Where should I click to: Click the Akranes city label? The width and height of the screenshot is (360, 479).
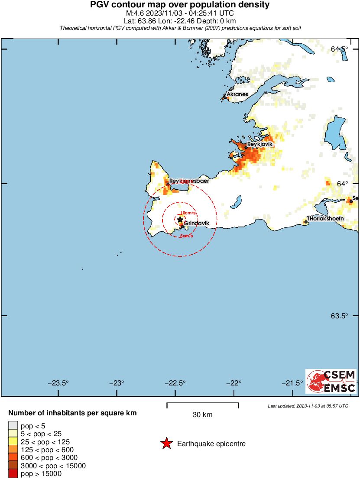[237, 94]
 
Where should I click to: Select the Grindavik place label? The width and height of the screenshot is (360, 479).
[197, 223]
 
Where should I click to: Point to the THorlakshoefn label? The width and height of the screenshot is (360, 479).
[325, 219]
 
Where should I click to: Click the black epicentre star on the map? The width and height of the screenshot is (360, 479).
[180, 220]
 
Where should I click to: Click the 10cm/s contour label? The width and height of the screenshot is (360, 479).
[188, 213]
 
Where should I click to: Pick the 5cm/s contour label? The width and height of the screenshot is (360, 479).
[186, 236]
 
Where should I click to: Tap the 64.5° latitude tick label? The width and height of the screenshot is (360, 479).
[339, 49]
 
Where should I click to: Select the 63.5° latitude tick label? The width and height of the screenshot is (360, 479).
[339, 316]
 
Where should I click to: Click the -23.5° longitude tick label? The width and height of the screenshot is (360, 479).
[58, 383]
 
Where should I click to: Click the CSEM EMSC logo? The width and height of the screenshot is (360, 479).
[331, 381]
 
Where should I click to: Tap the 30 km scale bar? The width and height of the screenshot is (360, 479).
[202, 406]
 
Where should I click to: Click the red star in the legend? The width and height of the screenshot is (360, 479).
[166, 443]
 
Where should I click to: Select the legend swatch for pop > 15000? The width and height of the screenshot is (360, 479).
[13, 474]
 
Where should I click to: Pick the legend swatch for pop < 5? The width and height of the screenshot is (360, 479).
[13, 426]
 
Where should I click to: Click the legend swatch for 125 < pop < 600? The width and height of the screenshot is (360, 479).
[13, 450]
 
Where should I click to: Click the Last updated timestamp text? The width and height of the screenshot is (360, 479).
[308, 406]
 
